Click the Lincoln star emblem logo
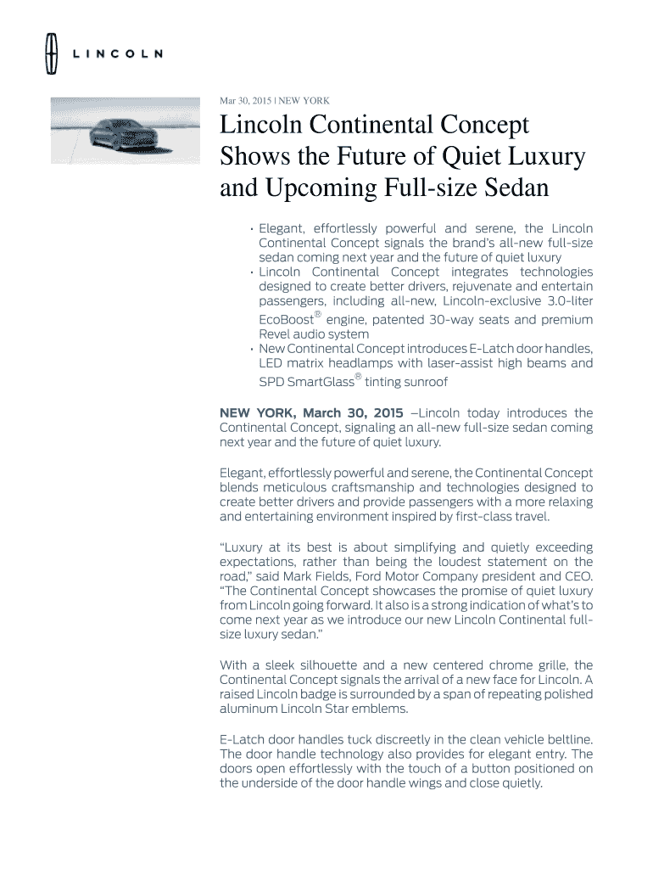(50, 53)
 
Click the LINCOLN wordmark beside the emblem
(117, 53)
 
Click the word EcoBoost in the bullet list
(286, 320)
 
